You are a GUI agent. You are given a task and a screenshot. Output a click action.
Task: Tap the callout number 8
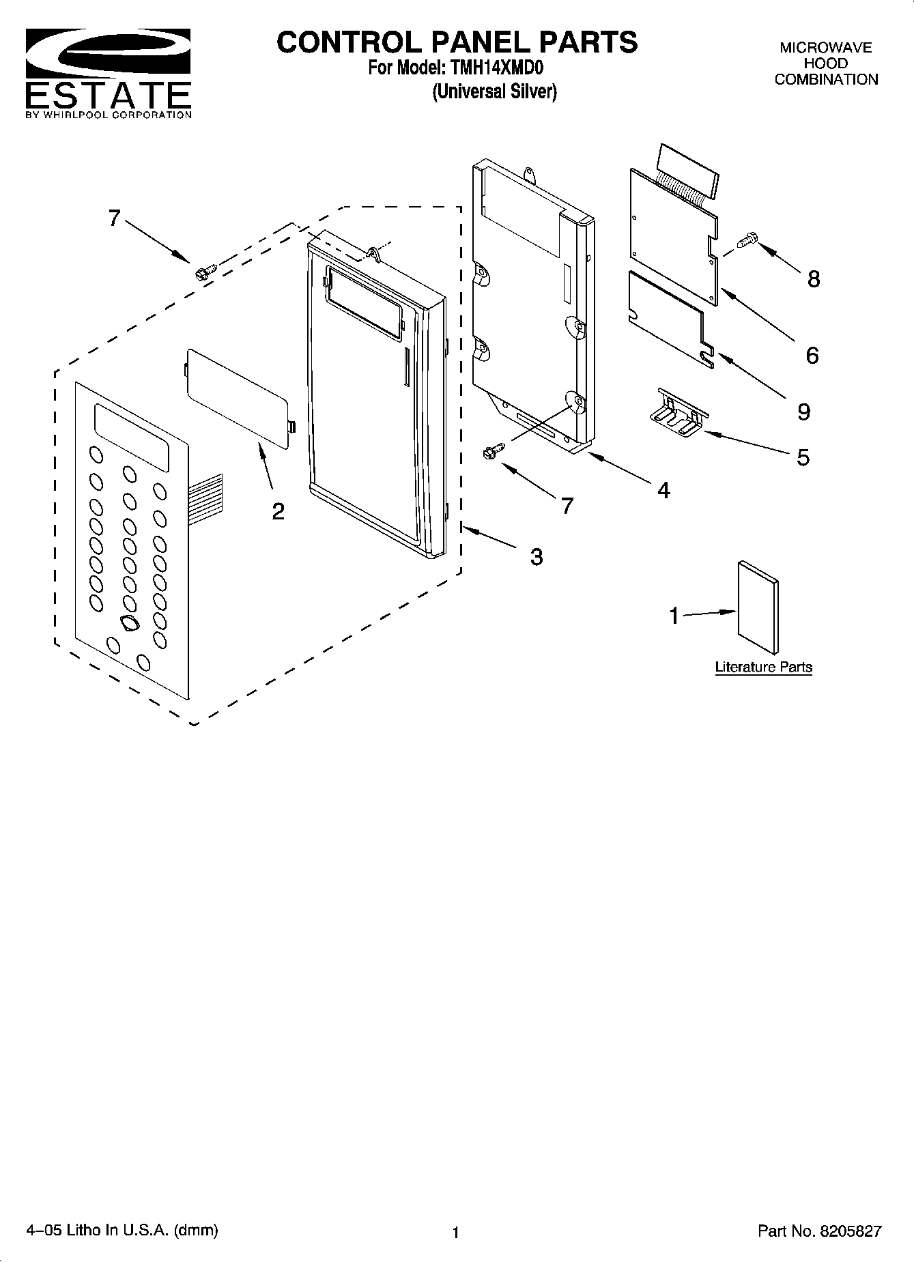(813, 279)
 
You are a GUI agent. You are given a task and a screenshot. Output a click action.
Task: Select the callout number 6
(812, 355)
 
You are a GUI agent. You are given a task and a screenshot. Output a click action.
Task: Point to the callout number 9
(803, 412)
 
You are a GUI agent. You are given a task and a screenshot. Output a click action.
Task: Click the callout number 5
(803, 457)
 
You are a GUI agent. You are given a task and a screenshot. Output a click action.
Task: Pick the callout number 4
(663, 490)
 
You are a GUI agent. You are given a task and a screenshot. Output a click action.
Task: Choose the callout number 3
(537, 557)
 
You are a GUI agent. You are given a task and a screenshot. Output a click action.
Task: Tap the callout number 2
(278, 511)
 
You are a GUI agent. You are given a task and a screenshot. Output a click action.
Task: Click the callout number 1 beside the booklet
(674, 616)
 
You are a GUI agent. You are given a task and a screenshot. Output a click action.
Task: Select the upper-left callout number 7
(114, 218)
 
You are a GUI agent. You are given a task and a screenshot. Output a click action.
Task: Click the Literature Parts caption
(763, 667)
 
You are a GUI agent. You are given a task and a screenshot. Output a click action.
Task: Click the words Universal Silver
(494, 92)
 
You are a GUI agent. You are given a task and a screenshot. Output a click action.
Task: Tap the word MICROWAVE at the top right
(826, 48)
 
